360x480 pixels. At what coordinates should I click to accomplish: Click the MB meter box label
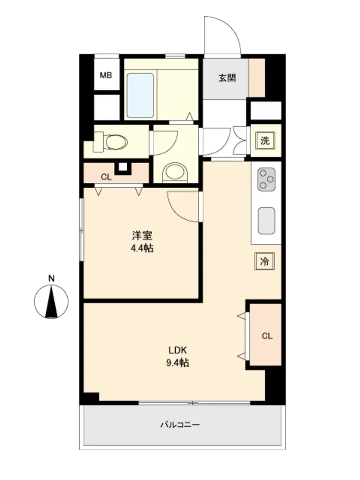pos(106,75)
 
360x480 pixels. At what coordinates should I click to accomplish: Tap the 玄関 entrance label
pos(227,78)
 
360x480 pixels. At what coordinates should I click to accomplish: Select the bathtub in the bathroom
pos(140,95)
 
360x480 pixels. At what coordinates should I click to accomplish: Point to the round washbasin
pos(175,172)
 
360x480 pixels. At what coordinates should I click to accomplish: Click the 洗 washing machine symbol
pos(265,141)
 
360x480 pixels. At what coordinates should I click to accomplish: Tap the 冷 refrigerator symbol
pos(264,261)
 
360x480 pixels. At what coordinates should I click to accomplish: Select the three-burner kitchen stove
pos(266,179)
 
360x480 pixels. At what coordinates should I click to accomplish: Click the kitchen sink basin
pos(266,221)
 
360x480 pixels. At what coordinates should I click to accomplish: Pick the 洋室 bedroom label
pos(142,235)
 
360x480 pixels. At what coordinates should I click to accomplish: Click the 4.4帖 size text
pos(142,248)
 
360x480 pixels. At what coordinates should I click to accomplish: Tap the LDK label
pos(178,350)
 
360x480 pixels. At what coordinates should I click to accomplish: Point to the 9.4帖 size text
pos(178,363)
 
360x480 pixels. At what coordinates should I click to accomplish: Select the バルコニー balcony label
pos(180,425)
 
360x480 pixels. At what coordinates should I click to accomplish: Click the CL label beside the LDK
pos(267,336)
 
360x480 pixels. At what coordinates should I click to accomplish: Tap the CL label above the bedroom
pos(106,177)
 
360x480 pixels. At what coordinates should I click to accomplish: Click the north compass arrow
pos(51,301)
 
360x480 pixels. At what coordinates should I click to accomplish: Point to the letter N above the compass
pos(51,278)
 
